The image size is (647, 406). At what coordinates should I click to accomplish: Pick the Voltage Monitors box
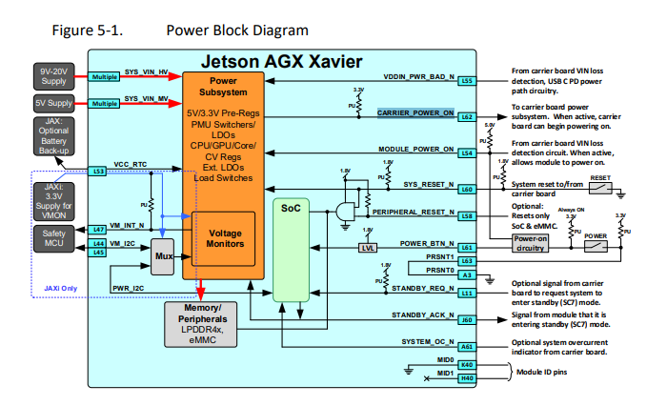pyautogui.click(x=225, y=237)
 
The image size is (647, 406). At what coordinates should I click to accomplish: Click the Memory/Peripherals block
pyautogui.click(x=208, y=320)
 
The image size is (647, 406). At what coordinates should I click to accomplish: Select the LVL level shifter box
pyautogui.click(x=366, y=247)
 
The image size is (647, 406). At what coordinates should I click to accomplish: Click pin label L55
pyautogui.click(x=466, y=81)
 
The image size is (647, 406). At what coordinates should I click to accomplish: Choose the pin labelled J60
pyautogui.click(x=466, y=320)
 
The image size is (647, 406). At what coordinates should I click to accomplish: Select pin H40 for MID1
pyautogui.click(x=466, y=377)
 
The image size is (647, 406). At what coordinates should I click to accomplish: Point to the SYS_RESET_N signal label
pyautogui.click(x=426, y=185)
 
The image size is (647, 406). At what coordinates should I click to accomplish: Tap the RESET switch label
pyautogui.click(x=600, y=177)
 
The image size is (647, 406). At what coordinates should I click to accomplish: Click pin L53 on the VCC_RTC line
pyautogui.click(x=99, y=172)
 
